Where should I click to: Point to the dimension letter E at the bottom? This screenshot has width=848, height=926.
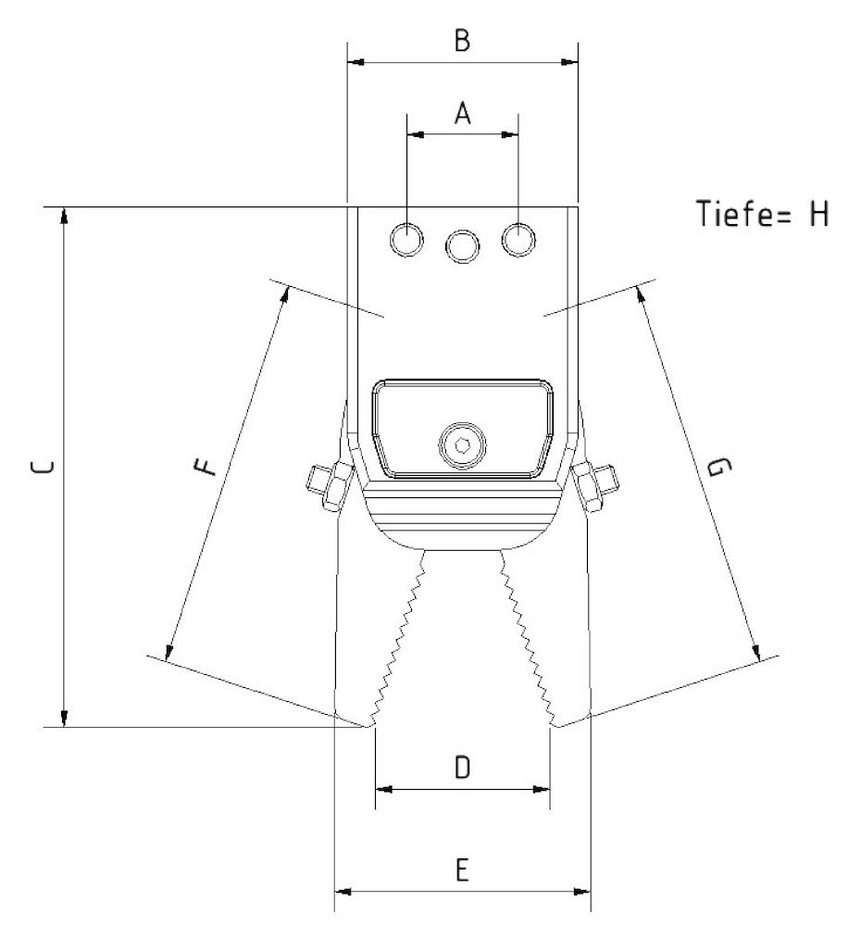tap(463, 870)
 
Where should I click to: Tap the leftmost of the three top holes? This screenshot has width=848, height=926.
tap(406, 240)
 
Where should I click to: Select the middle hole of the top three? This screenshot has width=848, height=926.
tap(463, 245)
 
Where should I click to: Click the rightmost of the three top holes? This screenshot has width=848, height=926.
tap(518, 240)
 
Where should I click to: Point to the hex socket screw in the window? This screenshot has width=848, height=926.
tap(459, 444)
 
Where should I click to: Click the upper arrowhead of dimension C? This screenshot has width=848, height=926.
tap(63, 215)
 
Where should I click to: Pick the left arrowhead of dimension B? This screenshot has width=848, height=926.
tap(354, 62)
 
